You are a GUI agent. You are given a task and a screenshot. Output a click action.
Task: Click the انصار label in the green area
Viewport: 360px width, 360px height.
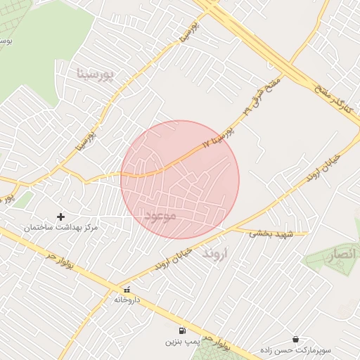pyautogui.click(x=341, y=255)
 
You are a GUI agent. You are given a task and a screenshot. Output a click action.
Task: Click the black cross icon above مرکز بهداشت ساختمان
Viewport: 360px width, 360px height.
pyautogui.click(x=60, y=217)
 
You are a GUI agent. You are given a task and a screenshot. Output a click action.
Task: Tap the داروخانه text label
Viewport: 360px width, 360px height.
pyautogui.click(x=127, y=300)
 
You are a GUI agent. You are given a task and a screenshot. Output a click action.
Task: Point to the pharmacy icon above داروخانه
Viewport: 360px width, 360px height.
pyautogui.click(x=127, y=289)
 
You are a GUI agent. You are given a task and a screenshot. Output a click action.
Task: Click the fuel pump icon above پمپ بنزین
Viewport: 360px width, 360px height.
pyautogui.click(x=183, y=330)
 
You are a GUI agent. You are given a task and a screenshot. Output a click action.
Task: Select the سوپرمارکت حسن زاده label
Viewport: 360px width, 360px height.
pyautogui.click(x=295, y=349)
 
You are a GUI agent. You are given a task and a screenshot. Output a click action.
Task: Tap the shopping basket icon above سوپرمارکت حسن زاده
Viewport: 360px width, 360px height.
pyautogui.click(x=295, y=338)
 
